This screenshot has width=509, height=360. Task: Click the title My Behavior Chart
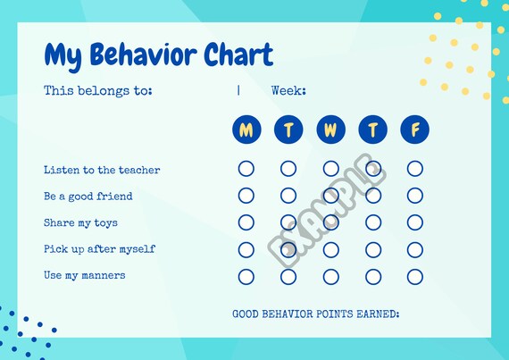pyautogui.click(x=158, y=55)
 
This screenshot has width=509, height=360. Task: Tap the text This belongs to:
pyautogui.click(x=98, y=90)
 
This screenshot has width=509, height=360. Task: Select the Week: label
pyautogui.click(x=288, y=90)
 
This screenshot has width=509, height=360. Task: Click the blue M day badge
pyautogui.click(x=246, y=130)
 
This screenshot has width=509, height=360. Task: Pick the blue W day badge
pyautogui.click(x=330, y=130)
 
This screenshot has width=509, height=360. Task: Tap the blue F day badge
pyautogui.click(x=414, y=130)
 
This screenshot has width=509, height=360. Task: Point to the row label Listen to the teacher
pyautogui.click(x=102, y=170)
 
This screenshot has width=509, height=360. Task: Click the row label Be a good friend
pyautogui.click(x=88, y=196)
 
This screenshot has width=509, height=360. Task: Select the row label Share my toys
pyautogui.click(x=80, y=222)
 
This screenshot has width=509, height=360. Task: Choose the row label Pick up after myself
pyautogui.click(x=99, y=248)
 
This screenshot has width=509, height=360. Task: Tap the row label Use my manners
pyautogui.click(x=84, y=275)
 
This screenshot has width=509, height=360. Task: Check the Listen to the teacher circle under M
pyautogui.click(x=246, y=169)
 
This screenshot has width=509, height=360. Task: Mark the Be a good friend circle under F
pyautogui.click(x=414, y=196)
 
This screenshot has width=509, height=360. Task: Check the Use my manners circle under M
pyautogui.click(x=246, y=276)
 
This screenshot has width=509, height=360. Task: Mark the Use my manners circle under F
pyautogui.click(x=414, y=276)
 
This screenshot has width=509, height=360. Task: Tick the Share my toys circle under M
pyautogui.click(x=246, y=222)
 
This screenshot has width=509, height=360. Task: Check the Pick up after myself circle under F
pyautogui.click(x=414, y=249)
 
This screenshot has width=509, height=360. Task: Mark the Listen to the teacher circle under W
pyautogui.click(x=330, y=169)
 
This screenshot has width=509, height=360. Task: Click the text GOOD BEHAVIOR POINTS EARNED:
pyautogui.click(x=315, y=314)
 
